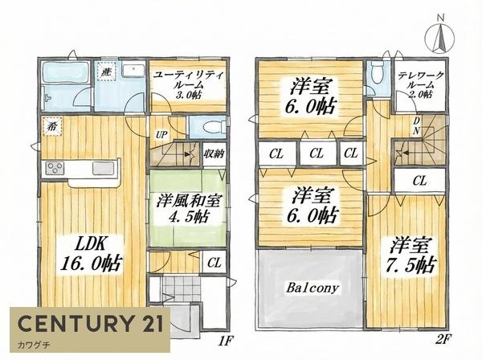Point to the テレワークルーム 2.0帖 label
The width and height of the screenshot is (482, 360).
421,84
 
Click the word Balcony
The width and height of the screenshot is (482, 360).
309,287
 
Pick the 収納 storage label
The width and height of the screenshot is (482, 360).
214,153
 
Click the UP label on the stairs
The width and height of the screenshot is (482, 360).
161,135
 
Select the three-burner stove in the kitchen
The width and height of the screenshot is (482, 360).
55,169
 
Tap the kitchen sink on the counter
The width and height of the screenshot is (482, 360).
104,169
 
